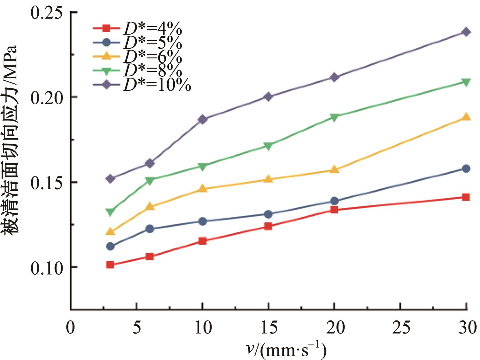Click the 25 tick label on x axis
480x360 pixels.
(400, 328)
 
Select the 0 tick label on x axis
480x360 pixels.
(70, 328)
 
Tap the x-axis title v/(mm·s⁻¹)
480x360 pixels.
(286, 350)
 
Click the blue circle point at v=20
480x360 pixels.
(334, 201)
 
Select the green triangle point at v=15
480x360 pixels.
(268, 146)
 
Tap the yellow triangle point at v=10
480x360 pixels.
(203, 189)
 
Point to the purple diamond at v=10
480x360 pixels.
(203, 119)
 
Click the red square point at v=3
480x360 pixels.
(110, 265)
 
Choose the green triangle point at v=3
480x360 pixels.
(110, 211)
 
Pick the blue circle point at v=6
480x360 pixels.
(150, 229)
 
